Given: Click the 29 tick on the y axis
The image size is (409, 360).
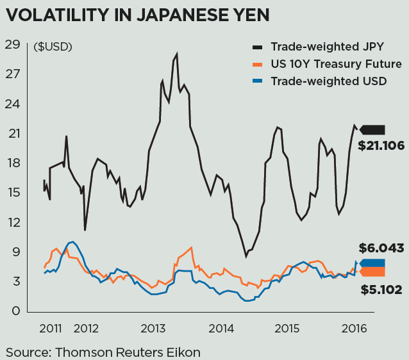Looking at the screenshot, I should click(12, 45).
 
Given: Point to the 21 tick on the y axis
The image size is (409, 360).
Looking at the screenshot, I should click(12, 134).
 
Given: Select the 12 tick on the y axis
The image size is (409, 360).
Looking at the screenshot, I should click(12, 223).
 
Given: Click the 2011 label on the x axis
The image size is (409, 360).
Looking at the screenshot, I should click(51, 329).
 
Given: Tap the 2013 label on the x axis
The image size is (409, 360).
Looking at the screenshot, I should click(153, 329).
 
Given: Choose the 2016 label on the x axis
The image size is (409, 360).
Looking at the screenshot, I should click(355, 329).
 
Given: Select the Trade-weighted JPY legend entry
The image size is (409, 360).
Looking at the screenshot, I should click(319, 47).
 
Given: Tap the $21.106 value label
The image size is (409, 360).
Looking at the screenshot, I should click(381, 146).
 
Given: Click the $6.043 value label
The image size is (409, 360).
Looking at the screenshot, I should click(381, 248).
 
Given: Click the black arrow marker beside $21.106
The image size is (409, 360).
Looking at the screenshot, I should click(372, 130).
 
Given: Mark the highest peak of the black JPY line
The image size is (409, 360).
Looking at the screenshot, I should click(176, 54).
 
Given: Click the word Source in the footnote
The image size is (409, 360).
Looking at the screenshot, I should click(28, 352).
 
